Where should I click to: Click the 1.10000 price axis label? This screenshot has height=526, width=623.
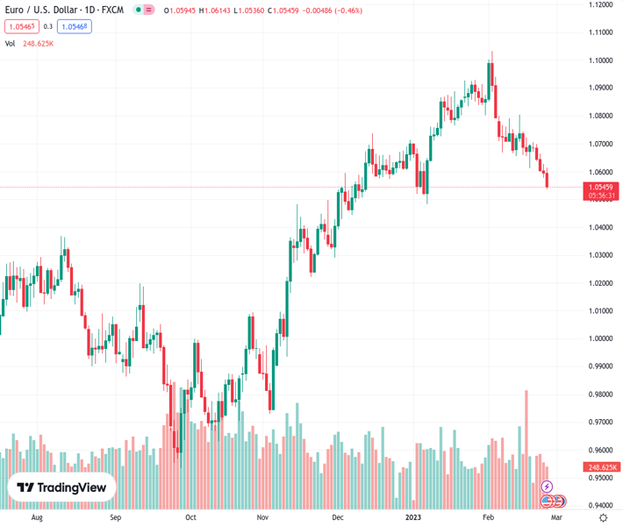point(601,60)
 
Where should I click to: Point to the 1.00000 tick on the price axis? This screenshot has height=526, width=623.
point(601,338)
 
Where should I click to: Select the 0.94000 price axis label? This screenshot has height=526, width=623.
point(601,506)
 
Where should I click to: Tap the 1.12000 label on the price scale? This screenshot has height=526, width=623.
point(601,5)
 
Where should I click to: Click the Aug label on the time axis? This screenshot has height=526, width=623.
point(36,518)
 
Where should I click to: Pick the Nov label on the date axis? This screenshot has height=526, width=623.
point(261,518)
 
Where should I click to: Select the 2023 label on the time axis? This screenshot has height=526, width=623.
point(413,518)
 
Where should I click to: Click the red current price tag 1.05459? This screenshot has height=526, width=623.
point(601,187)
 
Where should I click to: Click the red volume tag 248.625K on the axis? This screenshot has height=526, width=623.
point(601,467)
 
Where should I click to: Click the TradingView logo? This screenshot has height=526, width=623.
point(61,487)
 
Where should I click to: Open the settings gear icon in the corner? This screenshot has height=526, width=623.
point(602,518)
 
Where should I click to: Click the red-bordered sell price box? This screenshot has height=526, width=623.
point(22,26)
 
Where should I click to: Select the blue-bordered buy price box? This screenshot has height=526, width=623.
point(75,26)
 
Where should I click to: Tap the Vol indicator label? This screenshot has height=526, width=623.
point(11,43)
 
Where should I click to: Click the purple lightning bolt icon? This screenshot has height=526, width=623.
point(547,487)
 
